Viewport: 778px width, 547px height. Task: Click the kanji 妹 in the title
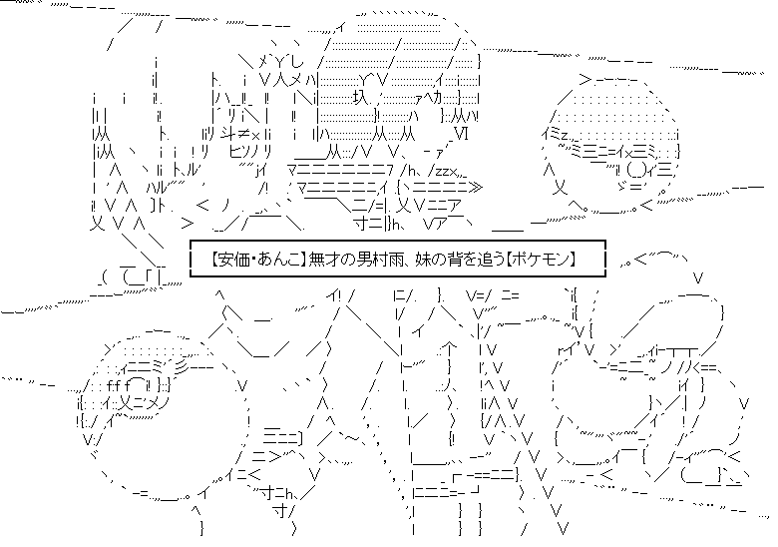[423, 259]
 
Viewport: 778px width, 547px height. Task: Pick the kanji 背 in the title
[452, 259]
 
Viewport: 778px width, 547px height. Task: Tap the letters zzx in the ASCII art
[443, 172]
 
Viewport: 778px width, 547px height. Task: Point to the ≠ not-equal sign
[243, 134]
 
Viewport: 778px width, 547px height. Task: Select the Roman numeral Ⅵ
[461, 134]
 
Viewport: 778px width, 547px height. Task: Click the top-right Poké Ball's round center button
[636, 169]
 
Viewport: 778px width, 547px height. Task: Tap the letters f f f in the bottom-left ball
[118, 384]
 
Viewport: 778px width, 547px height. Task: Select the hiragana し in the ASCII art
[297, 62]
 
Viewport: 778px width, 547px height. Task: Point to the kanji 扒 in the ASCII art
[359, 98]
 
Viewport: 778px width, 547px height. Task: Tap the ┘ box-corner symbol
[476, 491]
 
